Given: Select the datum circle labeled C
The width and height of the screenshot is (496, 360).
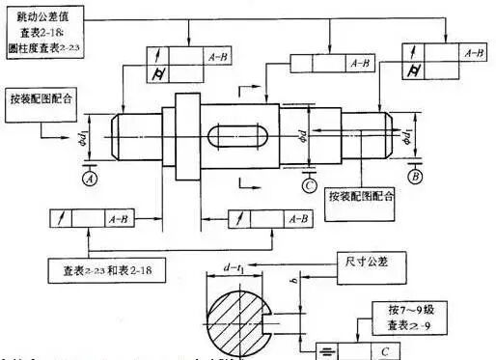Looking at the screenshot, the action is click(306, 184).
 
